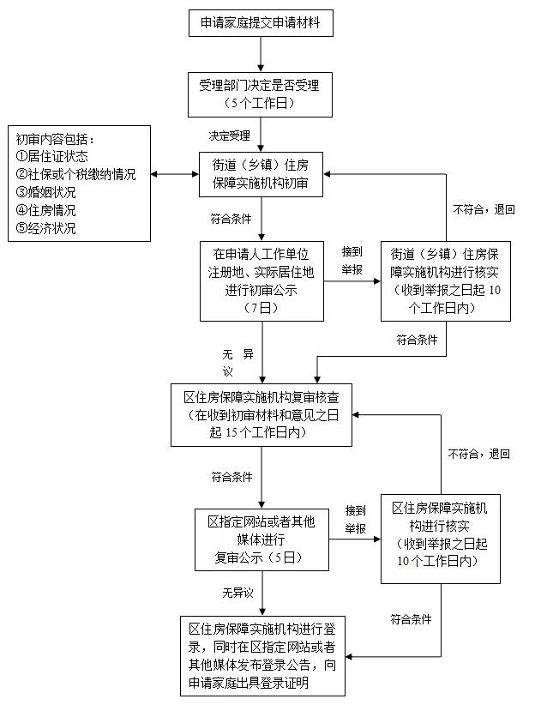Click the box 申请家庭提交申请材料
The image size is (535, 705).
coord(260,22)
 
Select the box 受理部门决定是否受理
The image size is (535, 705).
coord(260,93)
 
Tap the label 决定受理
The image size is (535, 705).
coord(229,136)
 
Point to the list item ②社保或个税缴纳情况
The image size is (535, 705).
coord(75,174)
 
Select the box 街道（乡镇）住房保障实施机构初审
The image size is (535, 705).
coord(260,174)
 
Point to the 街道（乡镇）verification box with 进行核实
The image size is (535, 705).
coord(445,280)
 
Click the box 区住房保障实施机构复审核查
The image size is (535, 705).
coord(261,415)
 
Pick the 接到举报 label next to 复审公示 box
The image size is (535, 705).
coord(356,520)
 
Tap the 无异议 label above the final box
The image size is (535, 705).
coord(237,593)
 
